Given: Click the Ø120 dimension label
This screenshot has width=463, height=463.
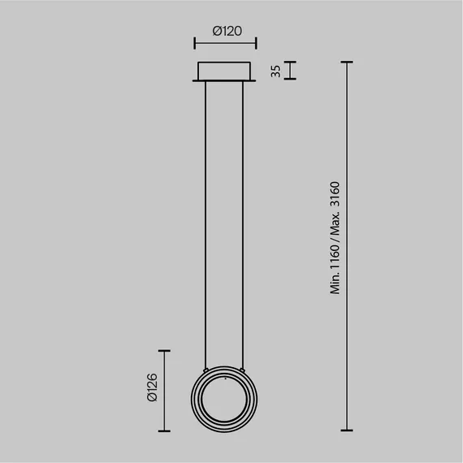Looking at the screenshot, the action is coord(227,31).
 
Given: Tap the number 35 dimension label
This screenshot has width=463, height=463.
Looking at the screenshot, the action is coord(276,71).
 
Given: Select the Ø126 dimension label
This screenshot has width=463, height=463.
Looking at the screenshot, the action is coord(153,387).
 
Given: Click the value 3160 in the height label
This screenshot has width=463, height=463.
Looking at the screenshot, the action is coord(335,194).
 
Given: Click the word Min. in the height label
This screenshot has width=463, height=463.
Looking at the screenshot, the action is coord(335,283).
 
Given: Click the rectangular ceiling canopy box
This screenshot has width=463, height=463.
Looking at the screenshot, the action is coord(224,71).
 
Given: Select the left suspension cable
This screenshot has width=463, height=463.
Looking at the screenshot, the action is coord(206,225).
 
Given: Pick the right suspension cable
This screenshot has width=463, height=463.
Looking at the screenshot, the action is coord(243,225).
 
